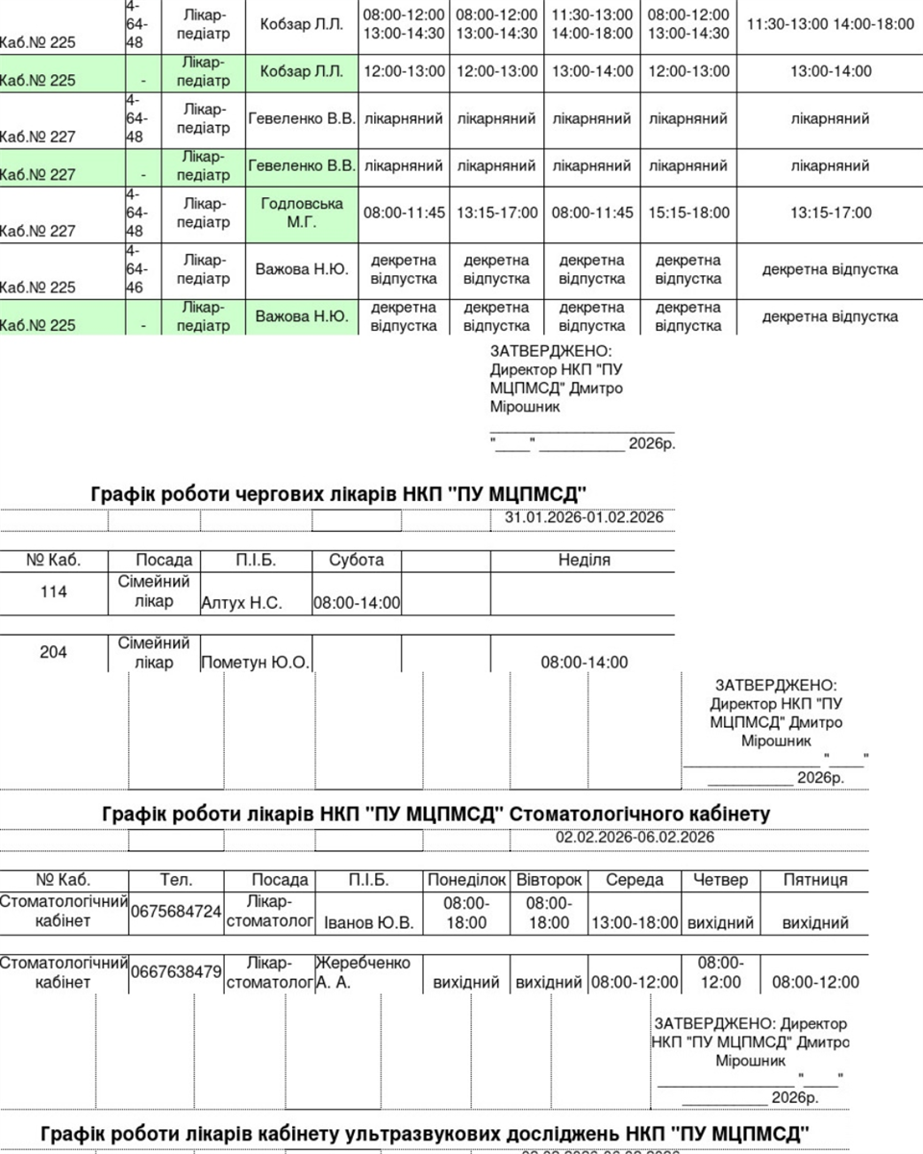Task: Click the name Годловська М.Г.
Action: (302, 213)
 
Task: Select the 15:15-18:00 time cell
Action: (688, 213)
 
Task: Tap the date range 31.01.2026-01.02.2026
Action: (584, 518)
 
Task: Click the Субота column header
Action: (356, 560)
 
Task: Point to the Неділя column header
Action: (584, 560)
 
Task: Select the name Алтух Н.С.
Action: (241, 604)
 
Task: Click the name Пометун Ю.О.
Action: (255, 663)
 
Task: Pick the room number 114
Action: (54, 592)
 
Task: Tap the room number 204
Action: (54, 653)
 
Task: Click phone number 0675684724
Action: (176, 912)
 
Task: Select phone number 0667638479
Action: (176, 972)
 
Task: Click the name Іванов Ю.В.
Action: (369, 923)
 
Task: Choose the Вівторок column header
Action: (549, 880)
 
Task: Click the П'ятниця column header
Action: (815, 880)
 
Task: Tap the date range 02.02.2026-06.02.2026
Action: (635, 838)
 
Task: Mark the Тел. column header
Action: (176, 880)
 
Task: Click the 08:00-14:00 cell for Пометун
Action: (584, 663)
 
